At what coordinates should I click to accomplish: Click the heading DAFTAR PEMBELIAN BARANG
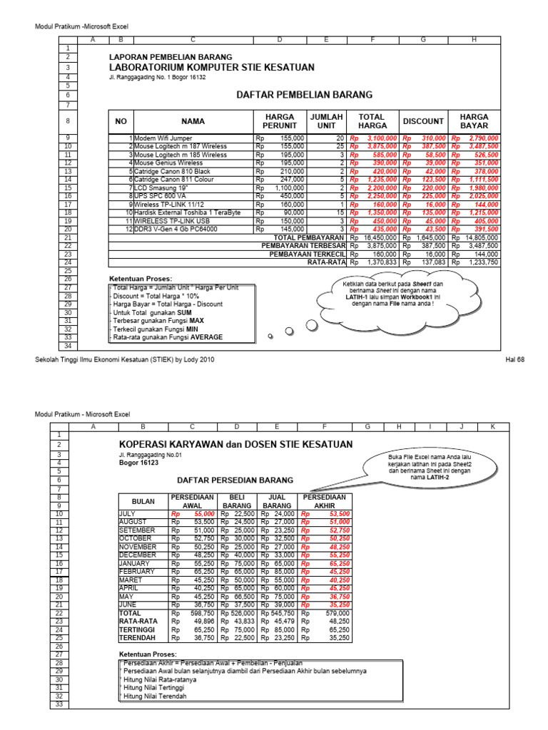(x=304, y=94)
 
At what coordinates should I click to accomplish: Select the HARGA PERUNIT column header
(x=280, y=121)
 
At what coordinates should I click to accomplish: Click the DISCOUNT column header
(x=423, y=121)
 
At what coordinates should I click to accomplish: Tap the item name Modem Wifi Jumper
(x=163, y=138)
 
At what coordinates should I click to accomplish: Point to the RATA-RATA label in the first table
(x=326, y=262)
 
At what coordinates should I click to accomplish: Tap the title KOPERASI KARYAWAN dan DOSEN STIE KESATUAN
(x=235, y=444)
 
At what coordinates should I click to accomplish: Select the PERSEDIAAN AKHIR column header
(x=325, y=501)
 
